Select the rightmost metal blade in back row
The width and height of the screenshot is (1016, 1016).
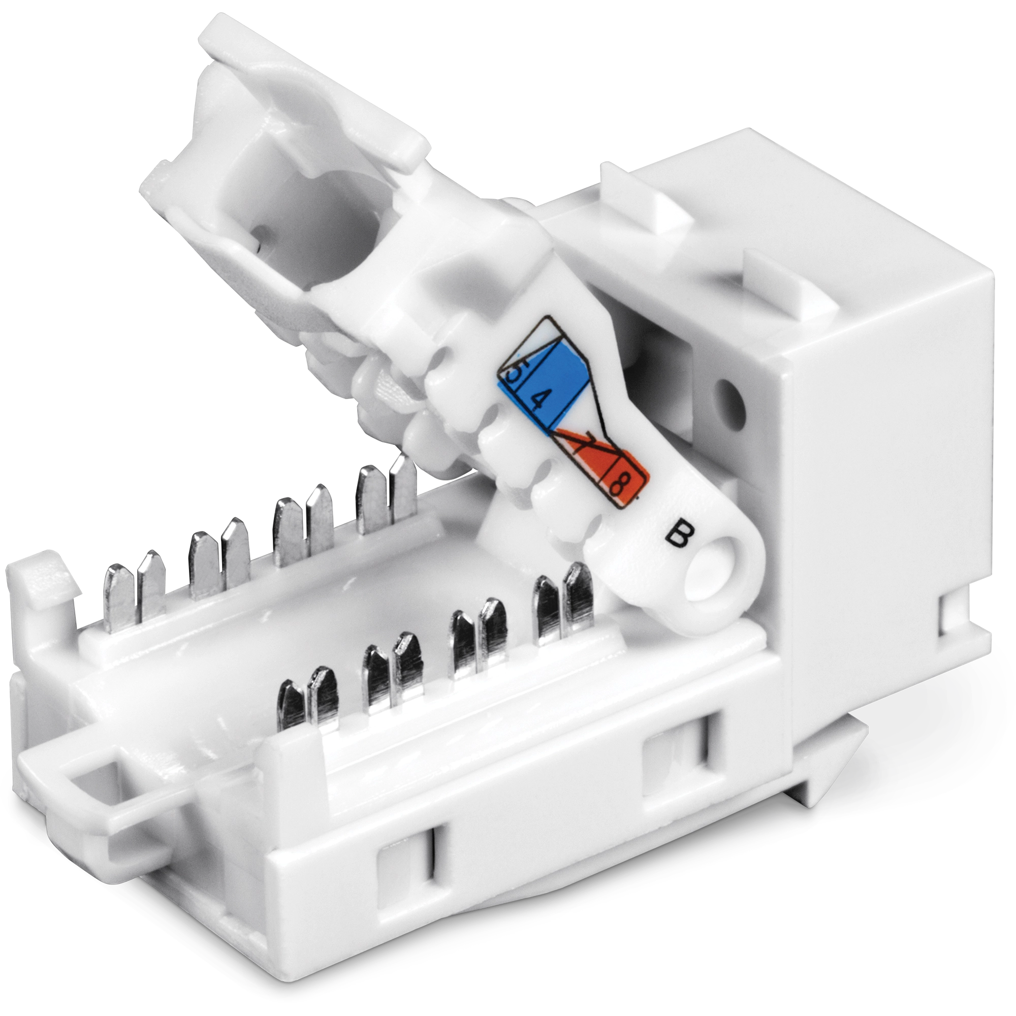click(403, 487)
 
